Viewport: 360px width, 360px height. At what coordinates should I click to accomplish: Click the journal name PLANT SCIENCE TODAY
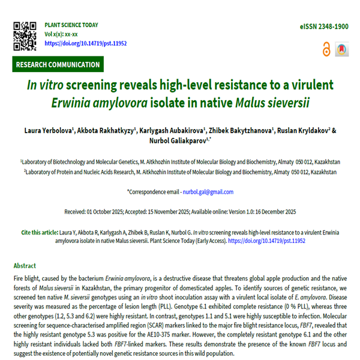point(71,25)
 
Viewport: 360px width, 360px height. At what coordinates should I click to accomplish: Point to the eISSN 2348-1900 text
point(323,28)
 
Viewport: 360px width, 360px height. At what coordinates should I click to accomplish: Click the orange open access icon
point(326,49)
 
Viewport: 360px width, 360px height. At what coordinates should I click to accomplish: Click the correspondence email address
point(208,192)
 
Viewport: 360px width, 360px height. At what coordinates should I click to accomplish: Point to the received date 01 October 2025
point(112,212)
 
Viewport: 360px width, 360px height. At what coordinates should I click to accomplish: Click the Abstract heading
point(25,266)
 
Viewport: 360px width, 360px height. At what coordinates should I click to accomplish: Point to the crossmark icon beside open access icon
point(342,49)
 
